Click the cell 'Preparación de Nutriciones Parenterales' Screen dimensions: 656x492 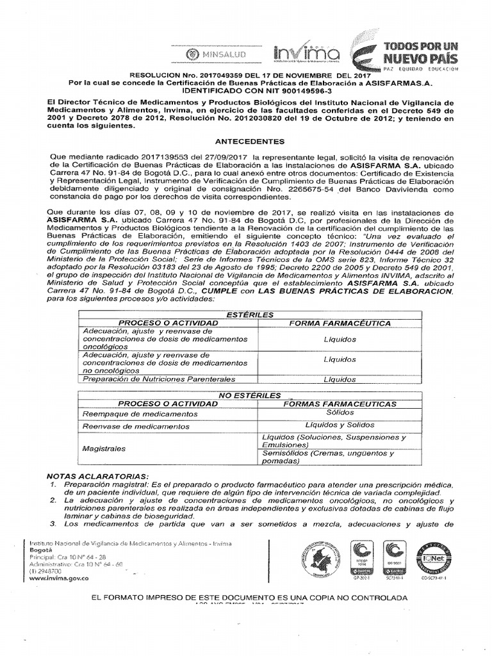pos(156,379)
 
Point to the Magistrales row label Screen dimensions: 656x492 pos(104,449)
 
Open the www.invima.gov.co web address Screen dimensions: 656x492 pos(59,577)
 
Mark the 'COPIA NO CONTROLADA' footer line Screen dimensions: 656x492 pos(249,597)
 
